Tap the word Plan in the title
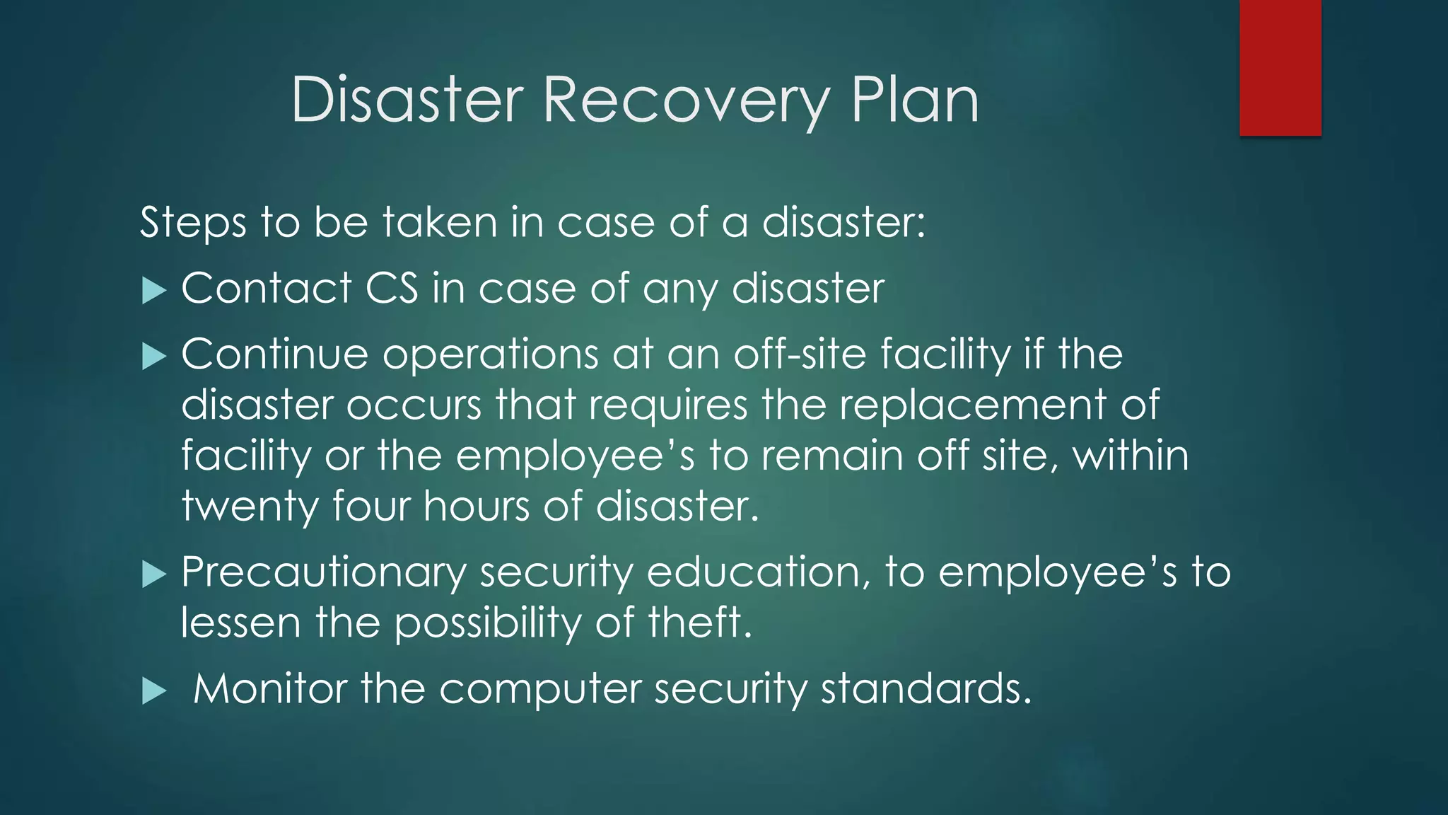pos(915,100)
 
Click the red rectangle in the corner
pos(1280,68)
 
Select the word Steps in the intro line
pos(192,223)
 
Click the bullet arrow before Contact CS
pos(153,290)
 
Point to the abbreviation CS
pos(392,289)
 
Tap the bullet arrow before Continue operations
pos(153,356)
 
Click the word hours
pos(476,507)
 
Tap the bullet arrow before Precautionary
pos(153,574)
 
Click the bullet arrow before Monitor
pos(153,690)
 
